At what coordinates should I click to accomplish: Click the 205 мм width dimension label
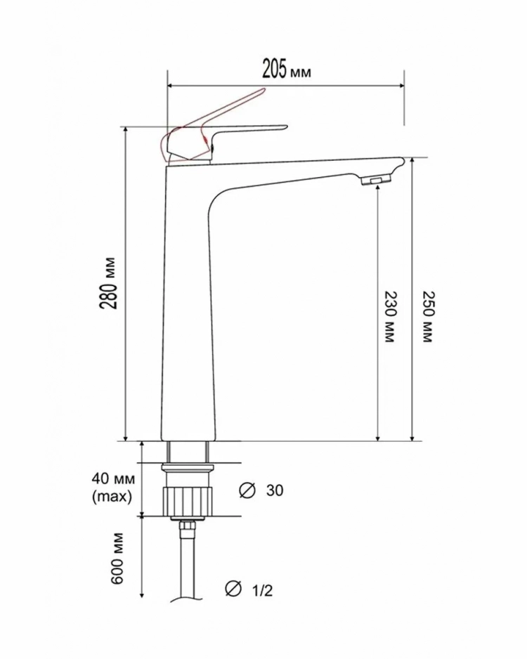(287, 70)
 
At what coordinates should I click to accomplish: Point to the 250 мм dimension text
(427, 317)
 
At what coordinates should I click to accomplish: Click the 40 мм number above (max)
(113, 478)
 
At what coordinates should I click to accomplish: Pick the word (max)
(112, 497)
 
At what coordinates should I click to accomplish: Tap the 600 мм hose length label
(118, 558)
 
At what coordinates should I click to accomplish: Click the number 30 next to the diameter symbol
(275, 490)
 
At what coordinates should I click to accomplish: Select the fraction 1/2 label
(262, 590)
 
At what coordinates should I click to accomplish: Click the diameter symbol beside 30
(247, 490)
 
